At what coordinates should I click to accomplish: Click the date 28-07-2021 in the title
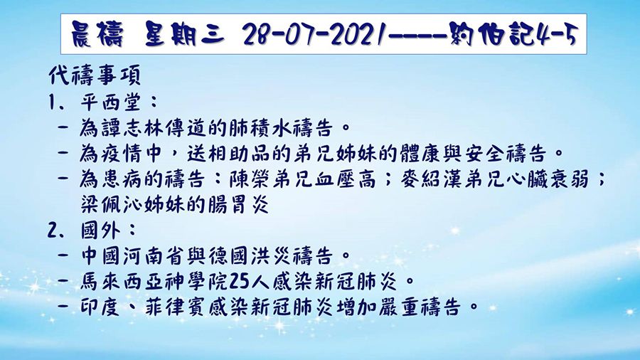pyautogui.click(x=309, y=33)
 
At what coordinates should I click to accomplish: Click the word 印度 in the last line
pyautogui.click(x=102, y=307)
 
